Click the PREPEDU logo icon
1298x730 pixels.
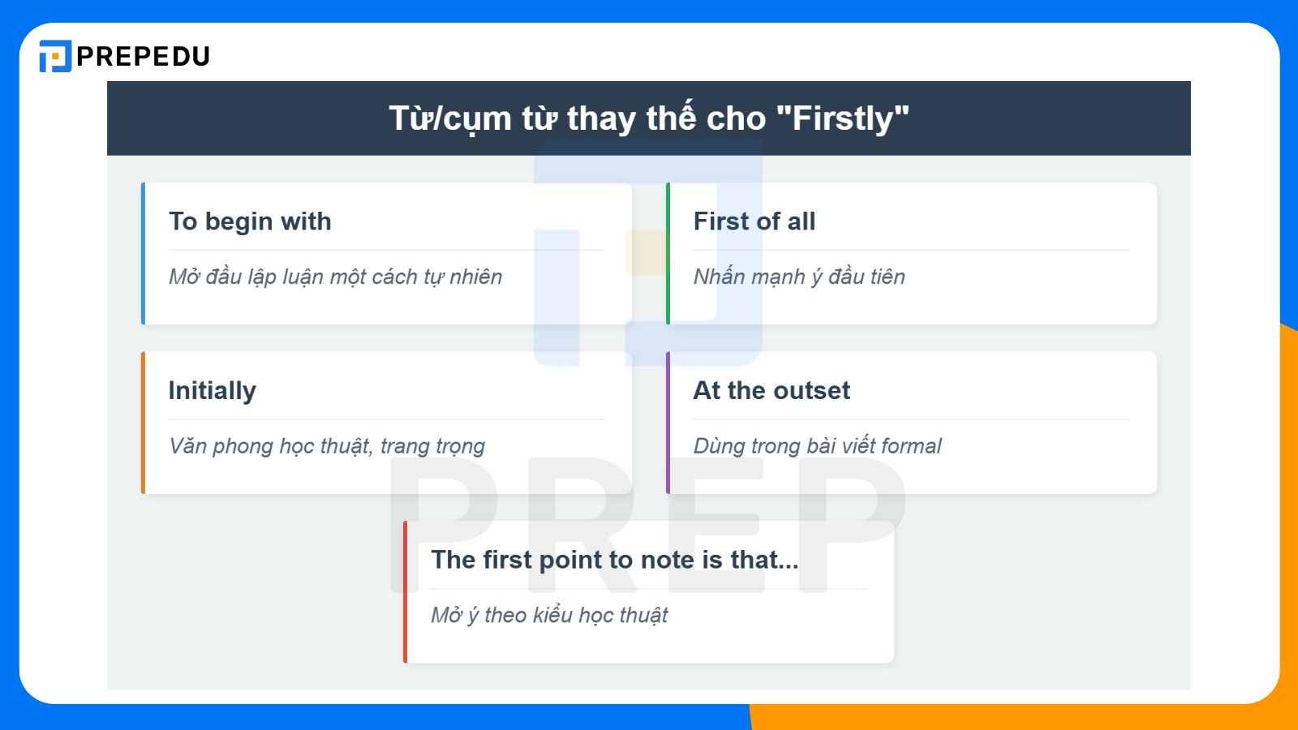coord(55,56)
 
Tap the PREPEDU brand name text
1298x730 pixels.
coord(144,56)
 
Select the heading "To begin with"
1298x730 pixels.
coord(250,221)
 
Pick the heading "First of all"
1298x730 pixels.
coord(754,221)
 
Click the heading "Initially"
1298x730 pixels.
coord(212,391)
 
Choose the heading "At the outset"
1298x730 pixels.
coord(771,391)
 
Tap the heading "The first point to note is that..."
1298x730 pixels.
coord(614,560)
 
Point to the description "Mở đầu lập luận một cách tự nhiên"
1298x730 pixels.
coord(335,277)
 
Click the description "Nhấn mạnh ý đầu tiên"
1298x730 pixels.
coord(798,277)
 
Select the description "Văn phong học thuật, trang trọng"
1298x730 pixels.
coord(326,446)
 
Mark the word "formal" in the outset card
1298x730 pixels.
coord(911,446)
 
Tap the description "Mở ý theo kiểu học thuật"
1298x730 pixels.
coord(548,615)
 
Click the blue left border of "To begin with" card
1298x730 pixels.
coord(144,254)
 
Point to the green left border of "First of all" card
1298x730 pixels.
coord(668,254)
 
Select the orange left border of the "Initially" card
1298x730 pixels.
coord(144,423)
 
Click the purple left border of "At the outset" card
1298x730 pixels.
coord(668,423)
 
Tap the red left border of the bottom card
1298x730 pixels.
coord(406,592)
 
